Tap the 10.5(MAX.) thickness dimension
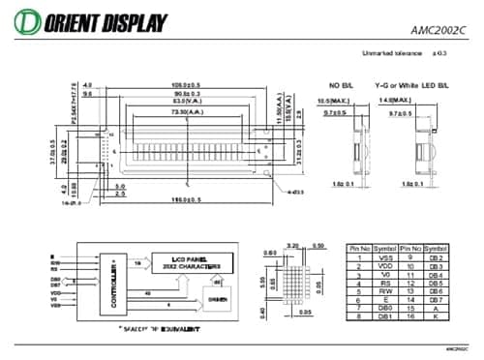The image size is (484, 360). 332,100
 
